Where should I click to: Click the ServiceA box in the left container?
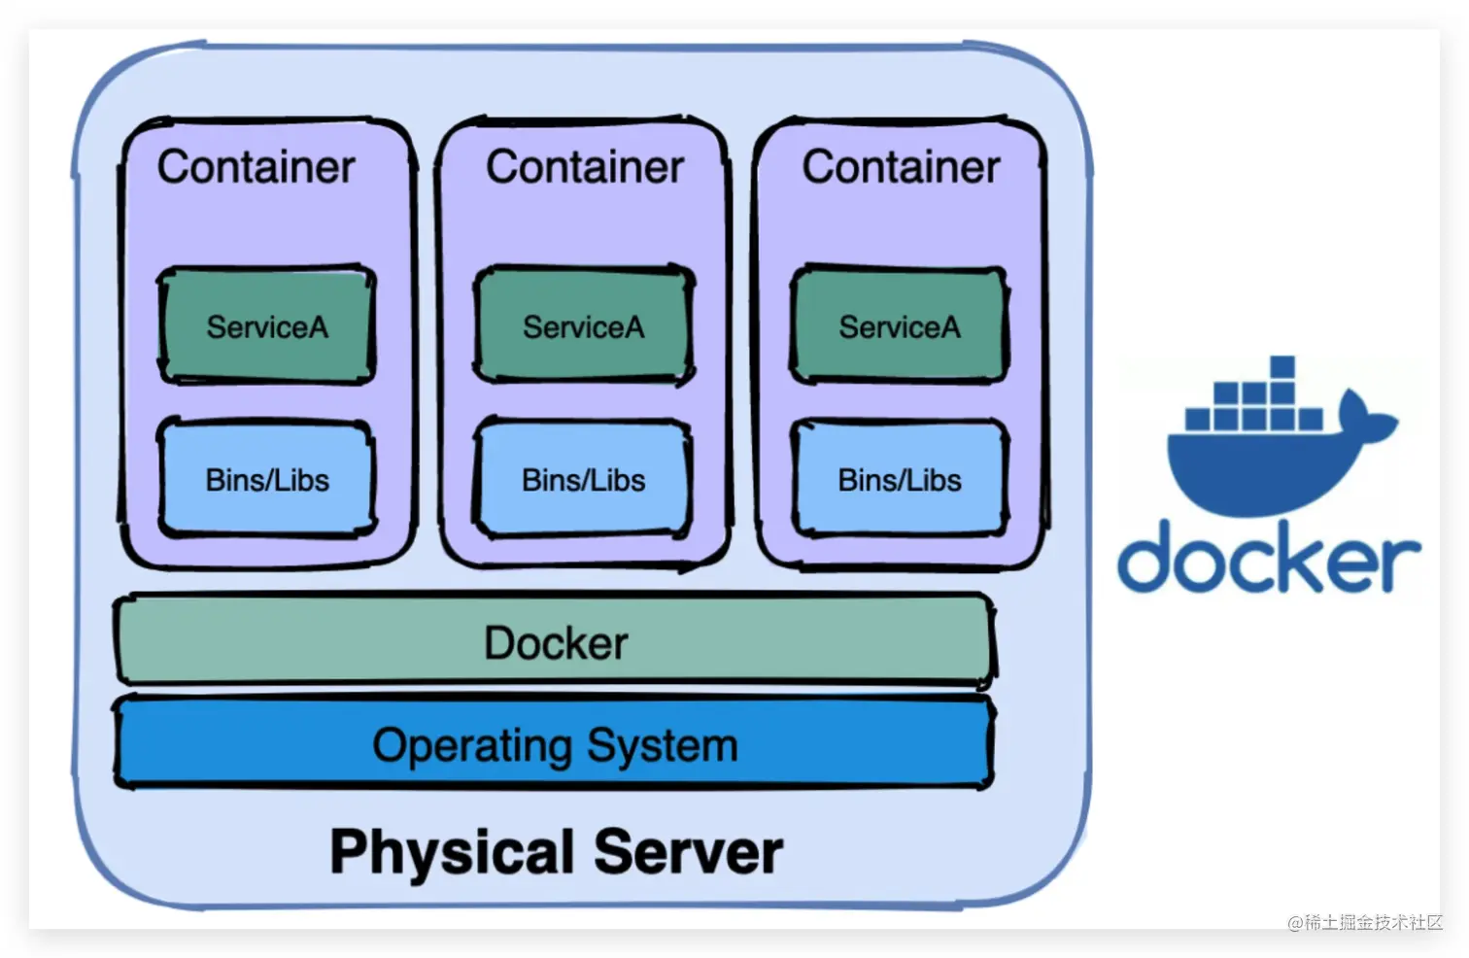tap(267, 325)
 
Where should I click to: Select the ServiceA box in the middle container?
tap(583, 325)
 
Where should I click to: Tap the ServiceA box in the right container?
tap(900, 325)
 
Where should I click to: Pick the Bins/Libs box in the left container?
tap(267, 479)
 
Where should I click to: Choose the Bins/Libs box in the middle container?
tap(583, 479)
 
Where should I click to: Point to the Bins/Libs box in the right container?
tap(900, 479)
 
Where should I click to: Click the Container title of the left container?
tap(256, 167)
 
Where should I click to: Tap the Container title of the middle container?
tap(585, 167)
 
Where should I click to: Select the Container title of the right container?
tap(901, 167)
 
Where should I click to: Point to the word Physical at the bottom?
tap(452, 852)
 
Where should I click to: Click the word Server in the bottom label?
tap(688, 852)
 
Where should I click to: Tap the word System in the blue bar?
tap(663, 746)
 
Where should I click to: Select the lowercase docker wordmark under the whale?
tap(1268, 558)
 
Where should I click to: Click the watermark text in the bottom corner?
tap(1364, 922)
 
